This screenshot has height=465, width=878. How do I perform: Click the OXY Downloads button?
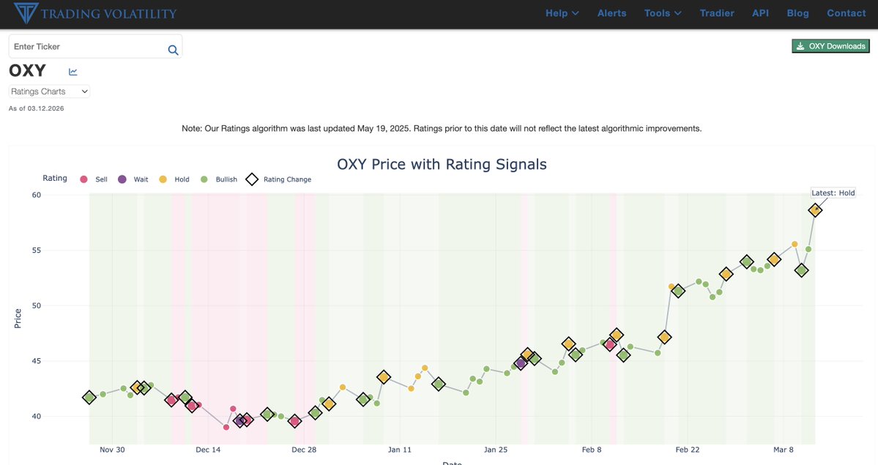click(830, 46)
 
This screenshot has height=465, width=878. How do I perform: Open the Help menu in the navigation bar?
click(562, 13)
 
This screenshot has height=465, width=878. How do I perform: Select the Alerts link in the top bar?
click(611, 13)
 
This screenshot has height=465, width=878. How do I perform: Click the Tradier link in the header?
click(717, 13)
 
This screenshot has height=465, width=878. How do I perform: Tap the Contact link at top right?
click(846, 13)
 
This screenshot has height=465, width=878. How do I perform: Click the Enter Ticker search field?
click(88, 47)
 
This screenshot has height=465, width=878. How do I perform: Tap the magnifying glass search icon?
click(173, 50)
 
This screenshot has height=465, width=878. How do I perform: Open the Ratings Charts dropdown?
click(49, 92)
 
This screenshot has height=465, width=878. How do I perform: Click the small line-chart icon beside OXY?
click(73, 72)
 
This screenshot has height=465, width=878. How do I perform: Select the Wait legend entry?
click(133, 179)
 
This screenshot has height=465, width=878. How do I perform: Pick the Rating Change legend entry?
click(279, 179)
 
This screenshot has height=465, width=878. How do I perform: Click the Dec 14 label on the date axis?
click(208, 450)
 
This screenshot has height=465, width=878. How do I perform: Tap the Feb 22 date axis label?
click(688, 450)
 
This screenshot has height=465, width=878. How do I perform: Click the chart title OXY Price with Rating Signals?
click(442, 164)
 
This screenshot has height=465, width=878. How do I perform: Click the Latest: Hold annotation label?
click(833, 193)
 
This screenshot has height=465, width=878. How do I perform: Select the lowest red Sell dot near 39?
click(226, 427)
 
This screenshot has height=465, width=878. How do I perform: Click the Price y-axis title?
click(18, 319)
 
